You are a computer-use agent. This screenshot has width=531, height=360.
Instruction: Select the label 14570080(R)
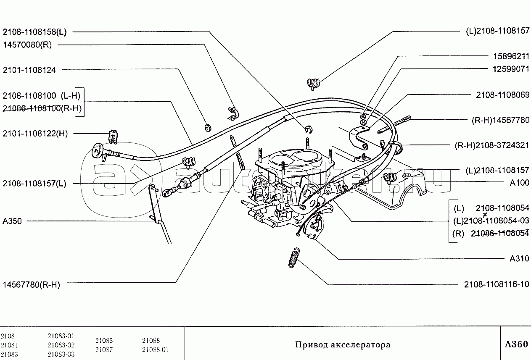click(27, 45)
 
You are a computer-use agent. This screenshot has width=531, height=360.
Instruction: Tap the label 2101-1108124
click(29, 70)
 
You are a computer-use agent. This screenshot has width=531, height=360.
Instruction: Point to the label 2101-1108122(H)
click(35, 134)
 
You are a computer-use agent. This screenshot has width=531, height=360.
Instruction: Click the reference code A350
click(12, 221)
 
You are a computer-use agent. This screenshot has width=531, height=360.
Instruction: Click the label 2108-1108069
click(502, 95)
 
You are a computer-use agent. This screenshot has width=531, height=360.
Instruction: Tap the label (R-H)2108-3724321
click(492, 145)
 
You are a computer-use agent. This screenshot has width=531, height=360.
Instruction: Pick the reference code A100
click(520, 183)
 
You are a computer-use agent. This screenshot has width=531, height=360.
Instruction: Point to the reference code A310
click(520, 259)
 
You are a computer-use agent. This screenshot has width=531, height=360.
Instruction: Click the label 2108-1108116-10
click(497, 284)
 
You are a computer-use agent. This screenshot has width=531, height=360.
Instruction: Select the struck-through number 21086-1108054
click(500, 234)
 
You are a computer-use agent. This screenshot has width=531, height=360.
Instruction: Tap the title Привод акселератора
click(342, 345)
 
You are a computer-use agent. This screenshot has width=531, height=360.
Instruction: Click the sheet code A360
click(516, 344)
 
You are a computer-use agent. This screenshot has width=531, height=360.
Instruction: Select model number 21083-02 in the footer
click(61, 345)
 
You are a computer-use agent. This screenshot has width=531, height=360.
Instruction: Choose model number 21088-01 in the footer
click(155, 349)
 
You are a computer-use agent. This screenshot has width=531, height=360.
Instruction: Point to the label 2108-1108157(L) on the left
click(34, 184)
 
